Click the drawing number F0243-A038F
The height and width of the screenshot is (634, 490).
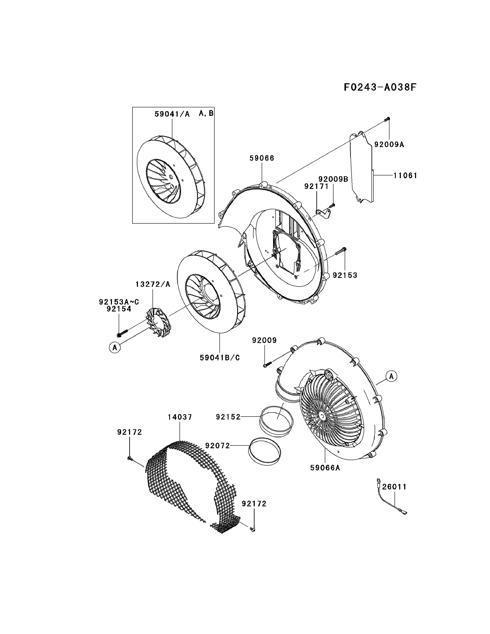[380, 87]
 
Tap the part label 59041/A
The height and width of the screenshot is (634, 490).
[172, 114]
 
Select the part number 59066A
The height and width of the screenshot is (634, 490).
[325, 468]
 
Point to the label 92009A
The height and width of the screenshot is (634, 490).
[389, 144]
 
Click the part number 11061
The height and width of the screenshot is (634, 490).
[405, 175]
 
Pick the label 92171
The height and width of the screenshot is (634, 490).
[316, 186]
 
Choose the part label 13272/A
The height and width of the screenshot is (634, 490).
[153, 284]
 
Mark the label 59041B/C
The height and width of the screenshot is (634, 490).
[220, 358]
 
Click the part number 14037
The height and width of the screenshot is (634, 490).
[180, 417]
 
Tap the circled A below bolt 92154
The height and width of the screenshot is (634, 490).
[115, 347]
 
